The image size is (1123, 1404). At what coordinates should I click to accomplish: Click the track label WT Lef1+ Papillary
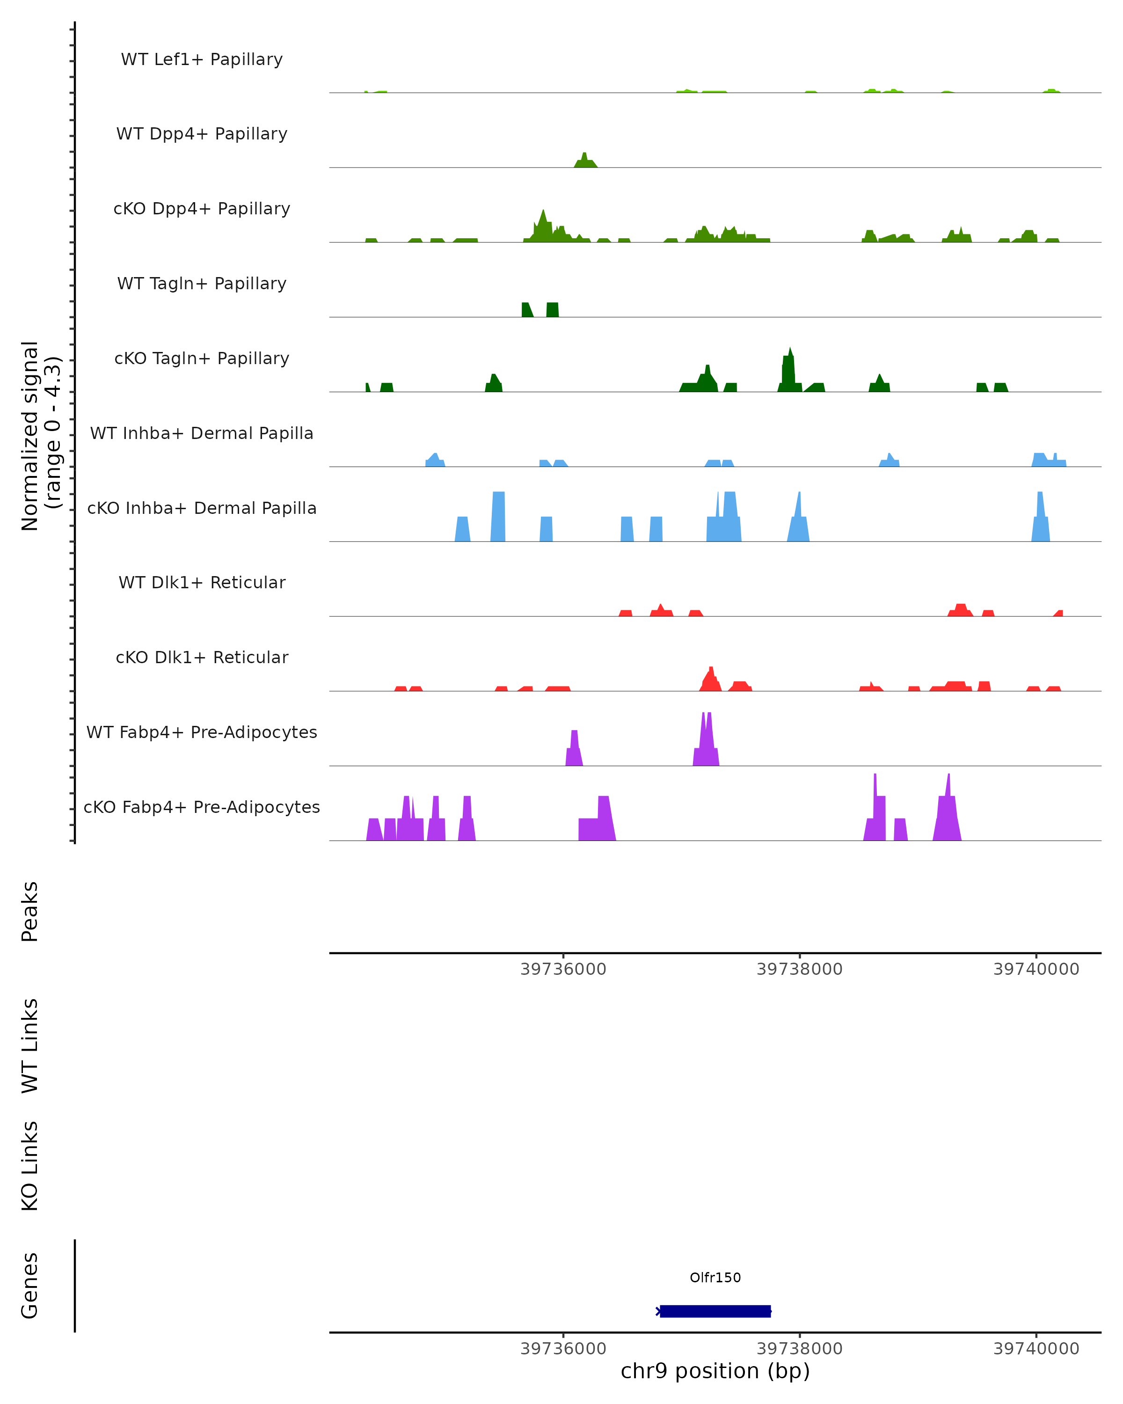(x=202, y=59)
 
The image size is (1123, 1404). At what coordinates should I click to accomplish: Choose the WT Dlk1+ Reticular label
(x=202, y=582)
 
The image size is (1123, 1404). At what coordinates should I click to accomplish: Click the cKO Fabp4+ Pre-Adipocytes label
(x=202, y=807)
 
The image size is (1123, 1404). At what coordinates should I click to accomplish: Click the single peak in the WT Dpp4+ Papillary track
(x=584, y=160)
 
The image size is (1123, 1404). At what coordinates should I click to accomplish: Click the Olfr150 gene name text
(x=715, y=1277)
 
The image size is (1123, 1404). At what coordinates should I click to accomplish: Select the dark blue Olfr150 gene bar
(x=715, y=1311)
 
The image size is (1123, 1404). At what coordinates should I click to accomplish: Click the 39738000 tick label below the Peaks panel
(x=800, y=969)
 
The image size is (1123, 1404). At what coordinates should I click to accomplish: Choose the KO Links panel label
(x=30, y=1166)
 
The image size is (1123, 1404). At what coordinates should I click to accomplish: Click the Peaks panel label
(x=30, y=911)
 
